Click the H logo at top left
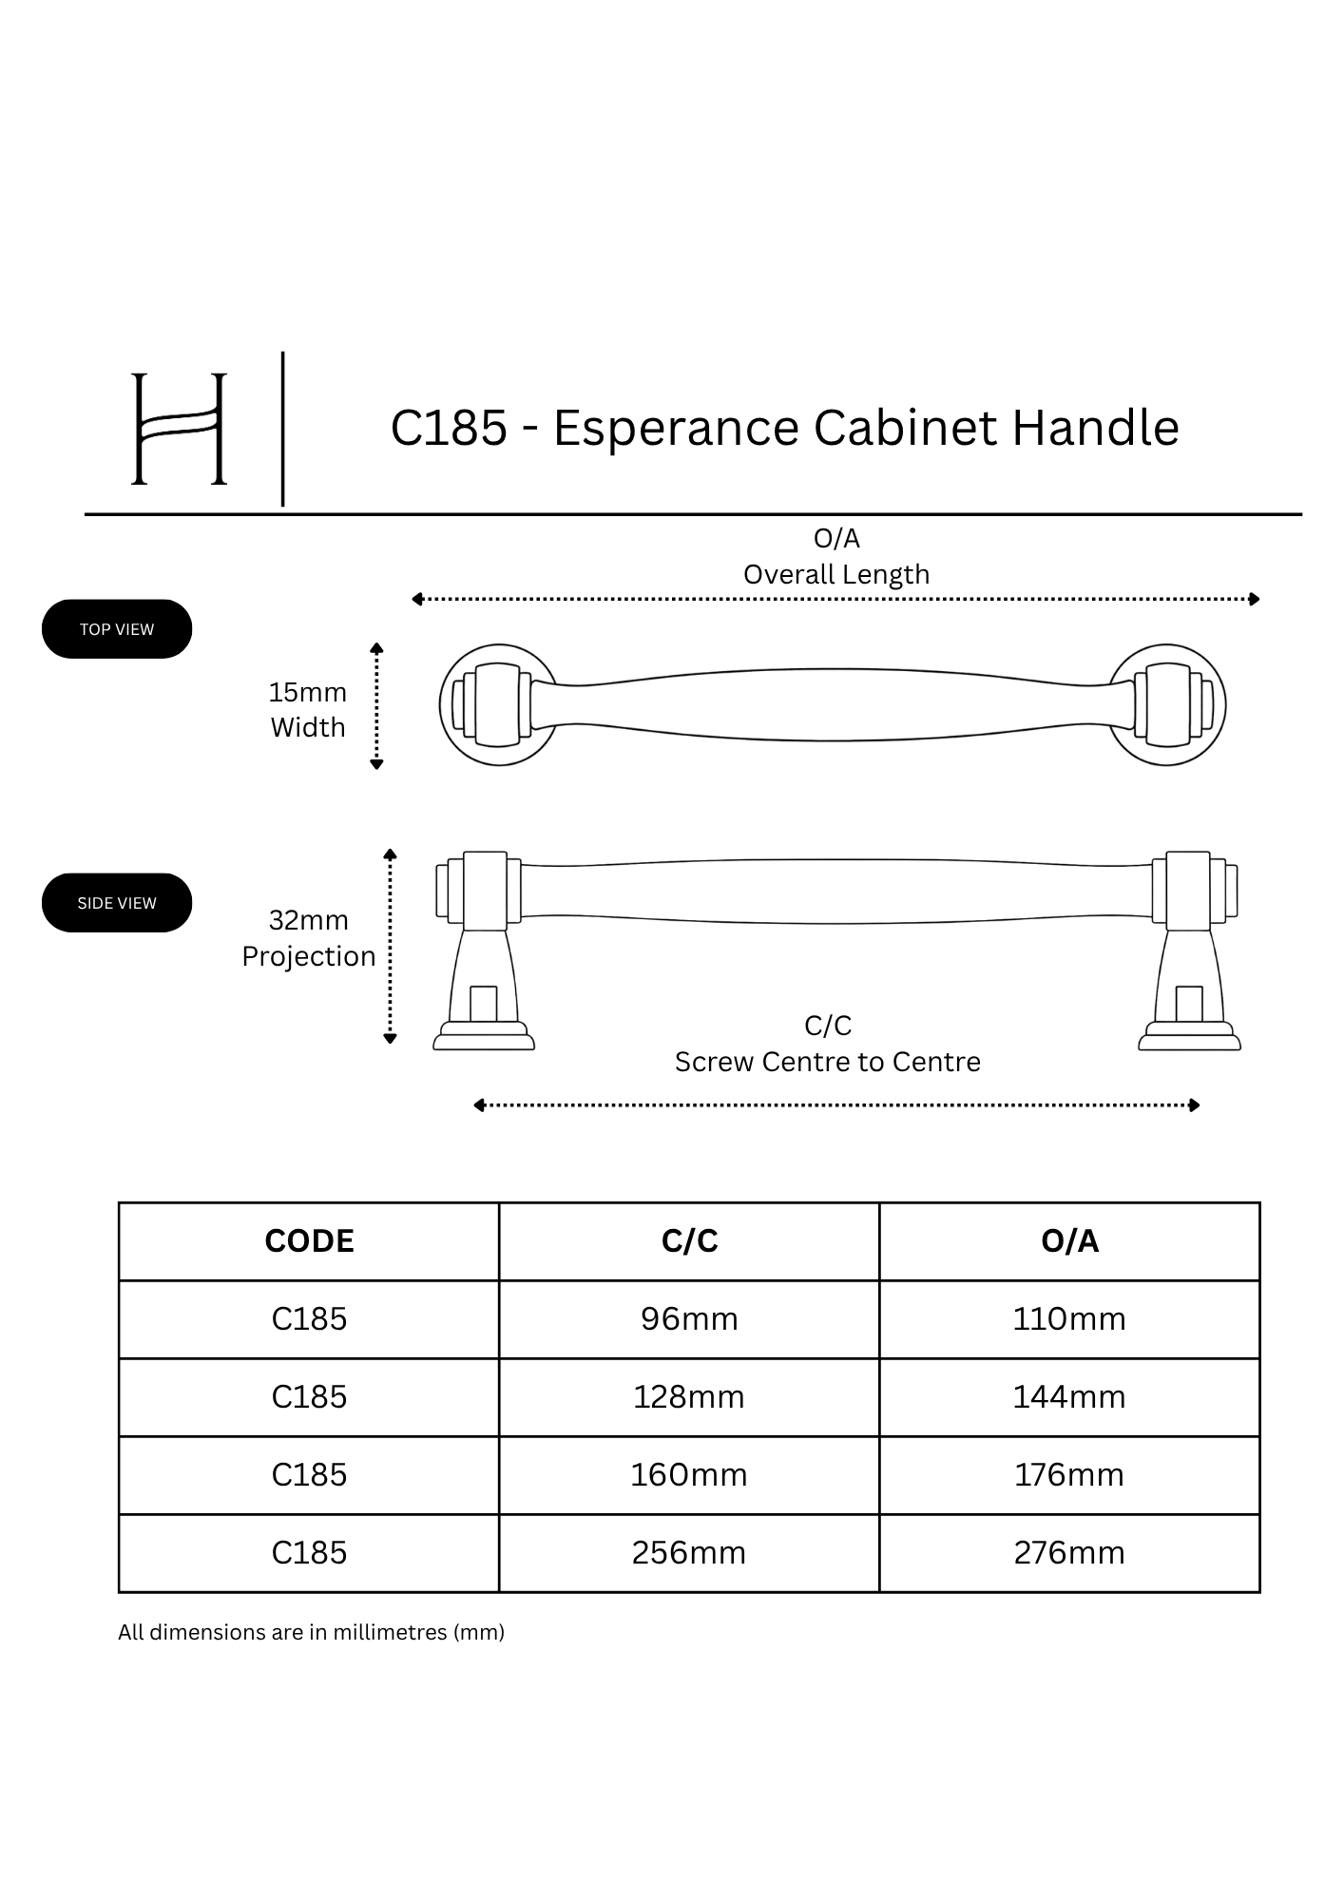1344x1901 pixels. coord(179,429)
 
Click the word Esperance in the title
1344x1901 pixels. coord(676,428)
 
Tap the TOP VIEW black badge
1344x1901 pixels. coord(117,629)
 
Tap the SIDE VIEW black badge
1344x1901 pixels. coord(117,903)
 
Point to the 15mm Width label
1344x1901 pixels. coord(308,710)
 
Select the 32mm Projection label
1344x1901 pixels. coord(309,938)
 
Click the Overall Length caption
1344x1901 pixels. coord(836,574)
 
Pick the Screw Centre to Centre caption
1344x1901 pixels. coord(828,1062)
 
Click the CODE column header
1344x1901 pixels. coord(309,1241)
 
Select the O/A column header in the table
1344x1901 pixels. coord(1069,1241)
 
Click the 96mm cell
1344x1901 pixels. coord(689,1319)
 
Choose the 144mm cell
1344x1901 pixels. coord(1069,1397)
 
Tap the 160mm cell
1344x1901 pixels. coord(689,1475)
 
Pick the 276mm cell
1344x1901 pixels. coord(1069,1553)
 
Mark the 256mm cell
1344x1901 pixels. coord(689,1553)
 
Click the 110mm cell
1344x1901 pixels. coord(1069,1319)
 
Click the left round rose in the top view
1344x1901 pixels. coord(442,705)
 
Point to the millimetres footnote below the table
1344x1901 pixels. coord(311,1632)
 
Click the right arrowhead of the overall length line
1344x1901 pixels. coord(1255,599)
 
